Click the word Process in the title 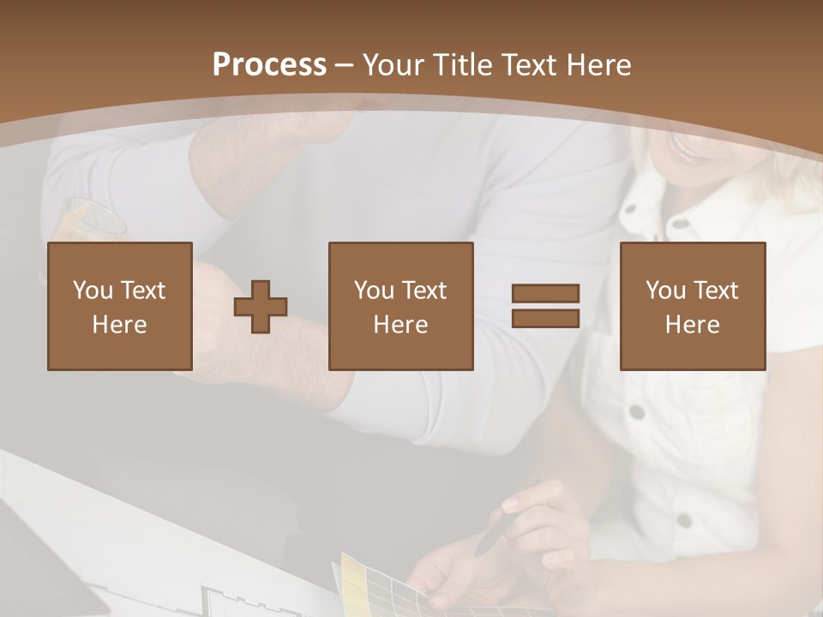point(269,65)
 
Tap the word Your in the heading point(393,65)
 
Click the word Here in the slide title point(599,65)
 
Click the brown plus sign point(261,307)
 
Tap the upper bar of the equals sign point(545,293)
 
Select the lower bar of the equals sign point(545,318)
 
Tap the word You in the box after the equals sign point(665,291)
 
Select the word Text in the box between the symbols point(424,291)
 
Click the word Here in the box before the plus point(119,325)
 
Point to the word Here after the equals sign point(693,325)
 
